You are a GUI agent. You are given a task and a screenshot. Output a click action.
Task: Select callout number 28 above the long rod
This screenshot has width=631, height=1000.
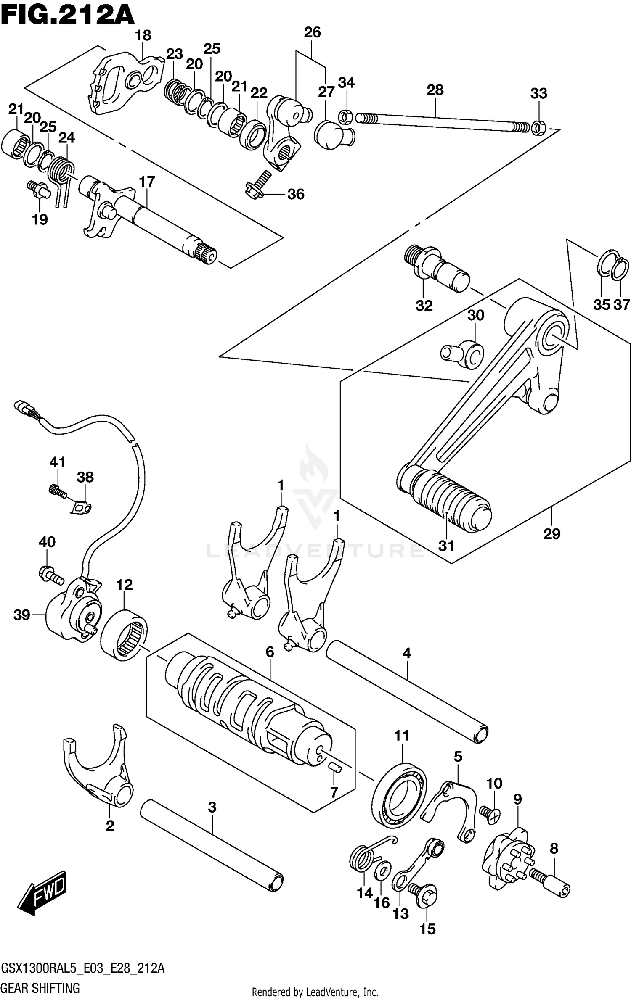tap(435, 90)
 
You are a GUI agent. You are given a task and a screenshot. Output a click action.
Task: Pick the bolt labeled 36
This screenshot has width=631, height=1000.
tap(257, 185)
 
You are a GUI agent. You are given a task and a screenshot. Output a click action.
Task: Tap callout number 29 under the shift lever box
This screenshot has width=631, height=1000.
tap(551, 534)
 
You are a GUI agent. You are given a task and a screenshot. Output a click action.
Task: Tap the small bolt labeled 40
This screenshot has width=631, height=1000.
tap(50, 574)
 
